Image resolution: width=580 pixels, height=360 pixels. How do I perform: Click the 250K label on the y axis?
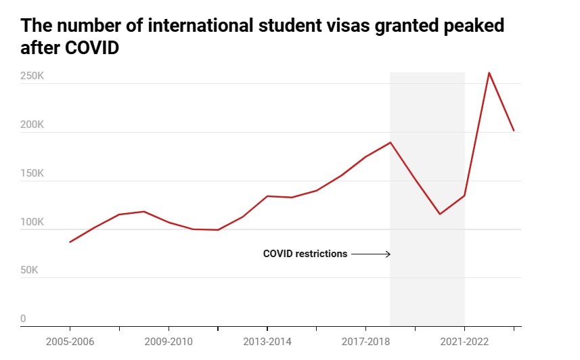(x=32, y=76)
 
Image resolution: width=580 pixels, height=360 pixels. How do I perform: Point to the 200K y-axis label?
(x=32, y=125)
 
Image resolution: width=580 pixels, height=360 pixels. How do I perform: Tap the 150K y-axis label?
(x=32, y=173)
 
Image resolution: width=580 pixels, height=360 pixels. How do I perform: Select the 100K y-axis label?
(x=32, y=222)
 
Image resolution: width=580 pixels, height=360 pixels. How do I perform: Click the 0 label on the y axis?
(x=23, y=319)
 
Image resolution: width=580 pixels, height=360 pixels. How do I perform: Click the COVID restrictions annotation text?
(x=305, y=254)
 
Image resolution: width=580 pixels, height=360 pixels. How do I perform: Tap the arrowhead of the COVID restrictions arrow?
(x=388, y=254)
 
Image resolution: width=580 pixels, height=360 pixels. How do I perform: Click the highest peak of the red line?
(x=489, y=72)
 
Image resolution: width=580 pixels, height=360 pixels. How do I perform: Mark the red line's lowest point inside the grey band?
(x=440, y=214)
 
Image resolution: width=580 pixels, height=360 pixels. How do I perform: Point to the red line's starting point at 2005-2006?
(x=70, y=242)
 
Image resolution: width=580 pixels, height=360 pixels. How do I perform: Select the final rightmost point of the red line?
(x=514, y=131)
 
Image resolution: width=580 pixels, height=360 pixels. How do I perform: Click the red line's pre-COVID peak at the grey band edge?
(x=391, y=142)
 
